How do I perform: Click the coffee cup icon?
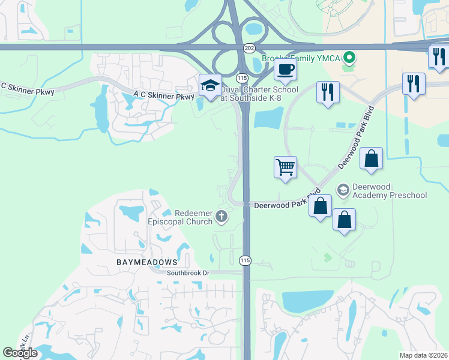[x=285, y=69]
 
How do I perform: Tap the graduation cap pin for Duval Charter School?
[x=210, y=86]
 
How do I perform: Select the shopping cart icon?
[x=285, y=166]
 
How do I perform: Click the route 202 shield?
[x=249, y=47]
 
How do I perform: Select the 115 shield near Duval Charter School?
[x=242, y=78]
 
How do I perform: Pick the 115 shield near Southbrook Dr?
[x=245, y=260]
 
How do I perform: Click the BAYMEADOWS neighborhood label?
[x=147, y=262]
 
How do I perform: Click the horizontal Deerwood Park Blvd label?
[x=278, y=205]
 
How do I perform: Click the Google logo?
[x=20, y=353]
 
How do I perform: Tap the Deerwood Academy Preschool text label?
[x=390, y=191]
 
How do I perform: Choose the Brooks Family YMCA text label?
[x=301, y=58]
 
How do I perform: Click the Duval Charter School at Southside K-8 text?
[x=259, y=94]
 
